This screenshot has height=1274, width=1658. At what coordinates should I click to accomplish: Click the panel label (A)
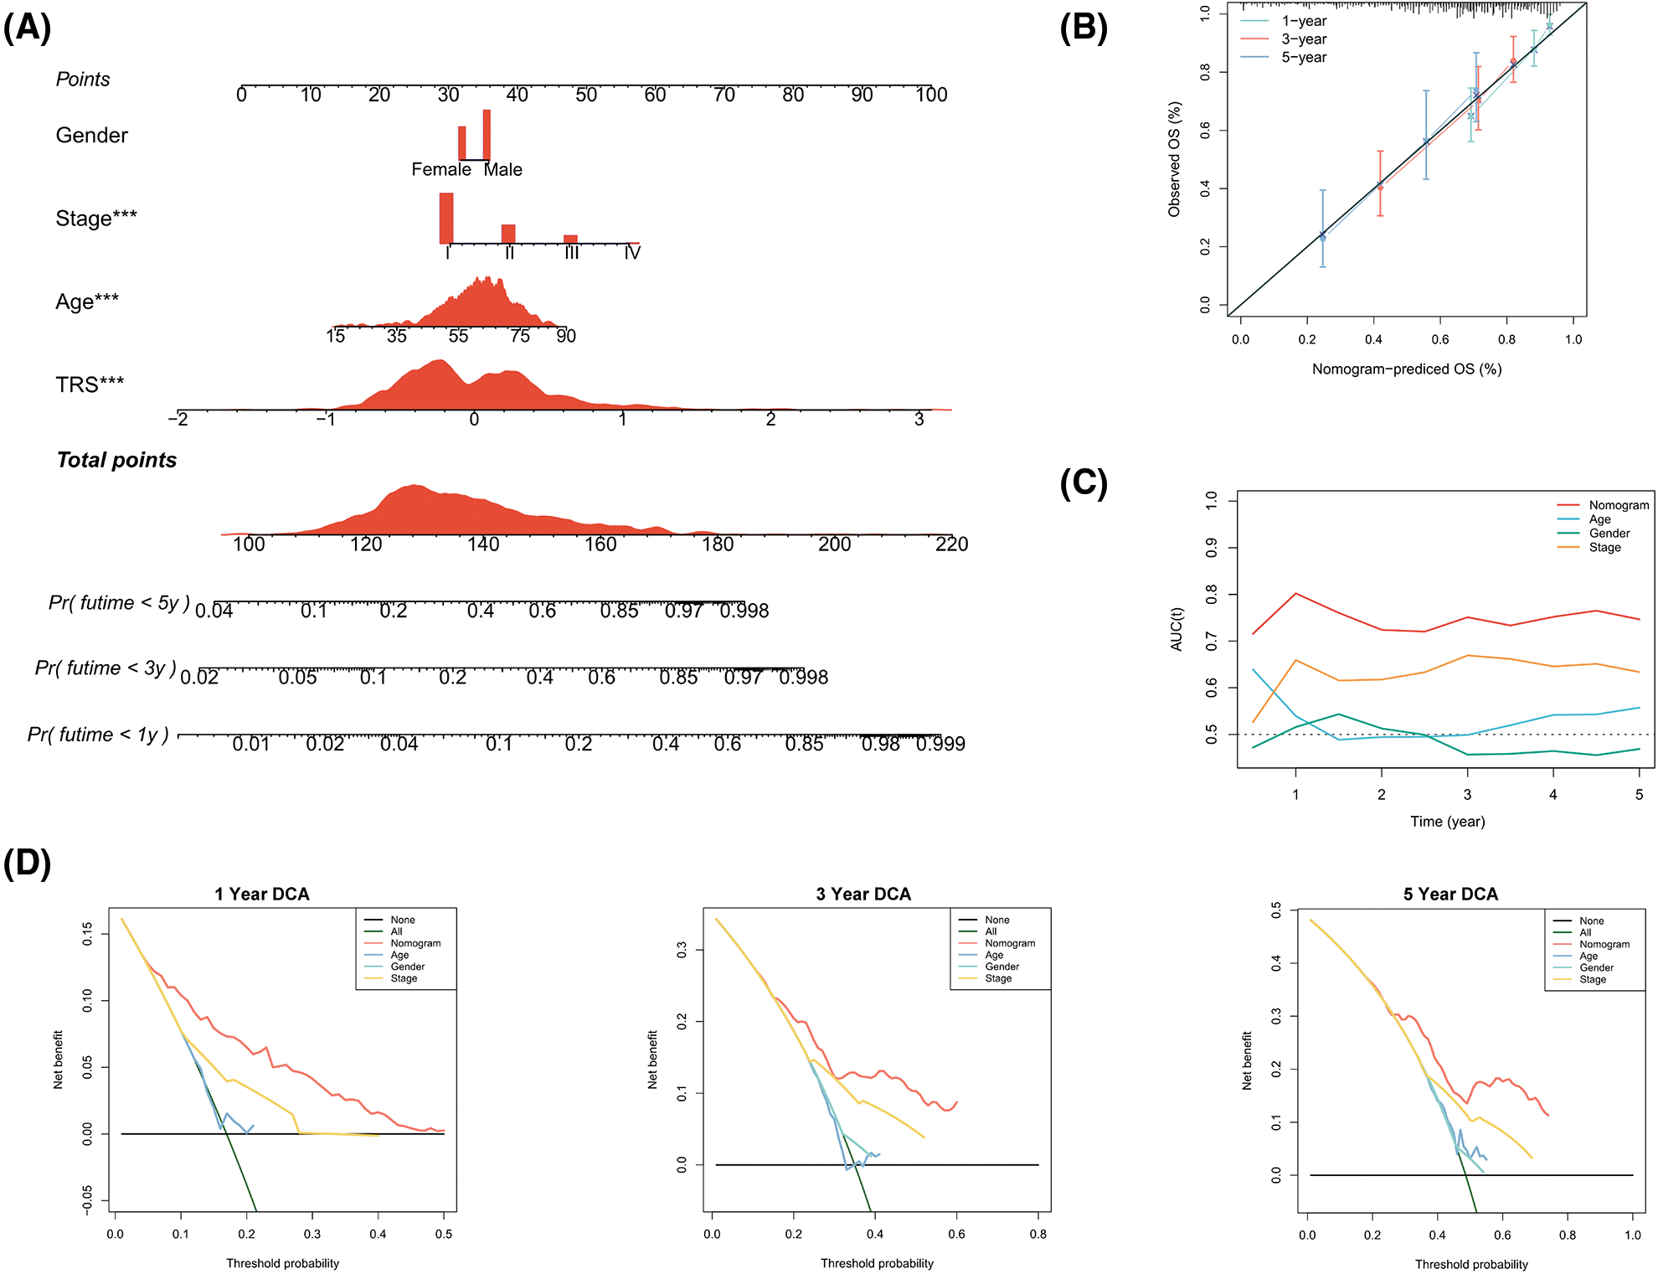28,28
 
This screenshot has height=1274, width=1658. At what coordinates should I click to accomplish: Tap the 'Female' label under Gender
440,170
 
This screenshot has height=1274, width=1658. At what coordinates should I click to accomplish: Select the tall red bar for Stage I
446,218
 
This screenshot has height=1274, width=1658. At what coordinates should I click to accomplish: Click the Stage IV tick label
632,253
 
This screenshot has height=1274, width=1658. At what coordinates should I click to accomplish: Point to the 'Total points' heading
116,460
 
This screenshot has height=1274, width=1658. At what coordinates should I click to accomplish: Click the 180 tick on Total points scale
718,544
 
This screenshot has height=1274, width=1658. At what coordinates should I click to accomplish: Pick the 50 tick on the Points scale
586,95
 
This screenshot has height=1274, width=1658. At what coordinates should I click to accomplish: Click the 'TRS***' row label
90,384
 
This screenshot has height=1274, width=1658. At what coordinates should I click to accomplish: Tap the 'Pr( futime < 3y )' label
106,668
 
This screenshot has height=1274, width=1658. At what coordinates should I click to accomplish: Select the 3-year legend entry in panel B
1304,39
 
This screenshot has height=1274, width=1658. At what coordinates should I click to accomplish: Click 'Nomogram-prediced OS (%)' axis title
1407,369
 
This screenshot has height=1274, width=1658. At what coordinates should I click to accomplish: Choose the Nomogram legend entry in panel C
1619,505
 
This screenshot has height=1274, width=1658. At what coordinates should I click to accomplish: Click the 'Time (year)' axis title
1447,822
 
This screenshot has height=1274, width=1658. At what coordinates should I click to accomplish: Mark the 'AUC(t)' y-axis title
1177,629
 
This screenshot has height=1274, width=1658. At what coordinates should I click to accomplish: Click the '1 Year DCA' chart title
262,895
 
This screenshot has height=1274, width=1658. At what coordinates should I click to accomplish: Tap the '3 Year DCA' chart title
863,895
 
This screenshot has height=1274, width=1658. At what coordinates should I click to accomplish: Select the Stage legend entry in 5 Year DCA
1593,979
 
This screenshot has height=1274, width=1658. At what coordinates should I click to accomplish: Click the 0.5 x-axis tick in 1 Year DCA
444,1234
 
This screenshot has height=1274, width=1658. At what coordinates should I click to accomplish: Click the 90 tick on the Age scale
566,337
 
